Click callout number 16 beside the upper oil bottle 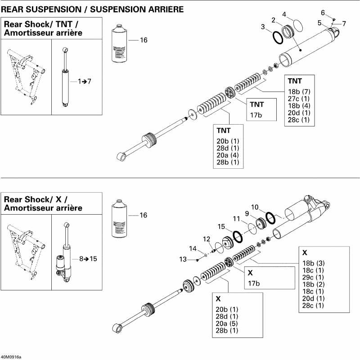click(144, 40)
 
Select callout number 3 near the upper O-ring click(263, 27)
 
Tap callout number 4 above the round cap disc click(284, 14)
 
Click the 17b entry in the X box click(253, 283)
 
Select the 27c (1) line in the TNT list click(298, 99)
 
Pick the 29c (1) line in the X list click(313, 277)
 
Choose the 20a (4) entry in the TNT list click(227, 155)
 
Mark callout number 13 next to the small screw click(182, 259)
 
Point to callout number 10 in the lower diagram click(255, 207)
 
